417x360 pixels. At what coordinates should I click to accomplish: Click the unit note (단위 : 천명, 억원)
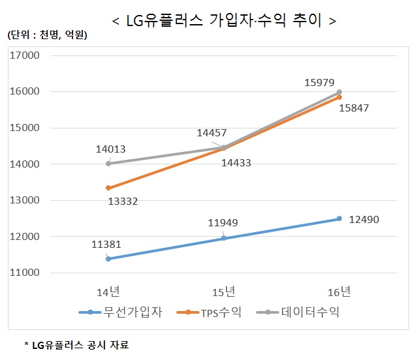46,35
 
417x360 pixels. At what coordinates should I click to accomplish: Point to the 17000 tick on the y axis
26,55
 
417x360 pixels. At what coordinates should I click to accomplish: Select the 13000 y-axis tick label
26,200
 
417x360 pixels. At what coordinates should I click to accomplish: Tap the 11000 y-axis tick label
26,273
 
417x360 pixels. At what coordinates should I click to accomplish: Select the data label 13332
123,202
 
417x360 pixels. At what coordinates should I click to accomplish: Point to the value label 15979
320,83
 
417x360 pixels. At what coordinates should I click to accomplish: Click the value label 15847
354,108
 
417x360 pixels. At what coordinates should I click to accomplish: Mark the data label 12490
363,219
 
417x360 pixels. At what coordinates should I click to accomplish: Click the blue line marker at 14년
108,259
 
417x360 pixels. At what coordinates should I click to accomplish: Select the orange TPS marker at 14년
108,188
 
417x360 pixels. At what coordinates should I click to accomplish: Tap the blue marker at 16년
339,218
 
